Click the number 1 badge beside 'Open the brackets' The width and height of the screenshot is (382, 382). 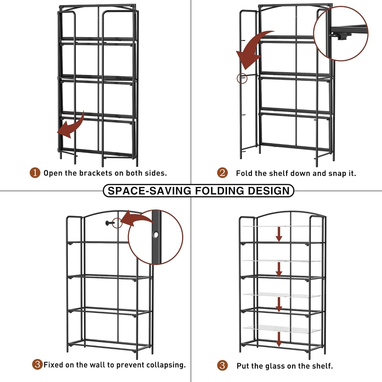point(35,173)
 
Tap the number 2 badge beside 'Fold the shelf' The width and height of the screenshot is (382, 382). point(222,173)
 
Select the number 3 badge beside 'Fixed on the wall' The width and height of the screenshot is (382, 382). point(37,365)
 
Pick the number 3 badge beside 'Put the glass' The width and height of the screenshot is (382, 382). point(222,366)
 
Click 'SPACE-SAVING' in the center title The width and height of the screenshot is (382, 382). point(149,191)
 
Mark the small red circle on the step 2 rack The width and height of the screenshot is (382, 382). point(242,78)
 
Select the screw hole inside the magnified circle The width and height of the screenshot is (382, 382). point(156,234)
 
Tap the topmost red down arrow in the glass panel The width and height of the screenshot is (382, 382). point(279,234)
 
